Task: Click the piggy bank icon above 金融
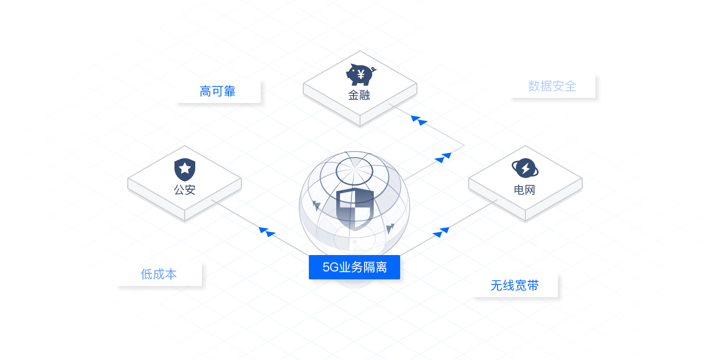tap(360, 75)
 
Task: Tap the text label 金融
tap(359, 95)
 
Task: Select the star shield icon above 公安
tap(185, 169)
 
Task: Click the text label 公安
tap(185, 190)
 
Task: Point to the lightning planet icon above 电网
tap(525, 168)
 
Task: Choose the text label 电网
tap(525, 190)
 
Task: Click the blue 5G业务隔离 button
tap(354, 267)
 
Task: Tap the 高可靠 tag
tap(218, 91)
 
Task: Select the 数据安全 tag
tap(552, 86)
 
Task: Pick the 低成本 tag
tap(159, 274)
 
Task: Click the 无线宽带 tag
tap(515, 285)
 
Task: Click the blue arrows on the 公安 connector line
tap(267, 232)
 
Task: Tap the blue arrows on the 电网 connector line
tap(441, 232)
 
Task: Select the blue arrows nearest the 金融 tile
tap(419, 120)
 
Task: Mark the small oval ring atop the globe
tap(354, 171)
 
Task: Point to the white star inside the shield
tap(185, 167)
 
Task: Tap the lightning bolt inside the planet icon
tap(525, 168)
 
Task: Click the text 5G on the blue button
tap(330, 267)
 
